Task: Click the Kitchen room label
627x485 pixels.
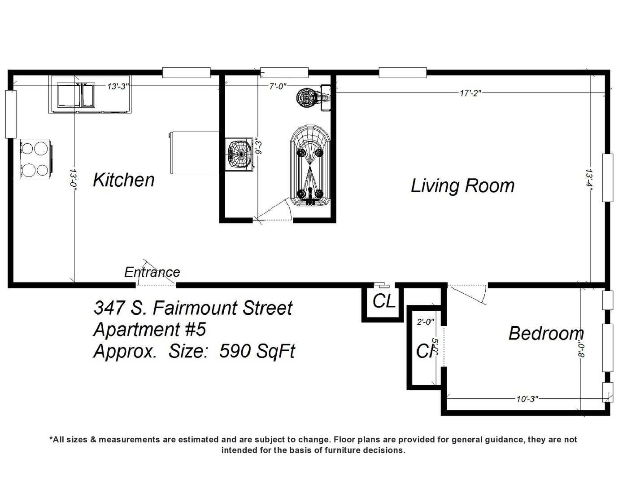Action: (123, 180)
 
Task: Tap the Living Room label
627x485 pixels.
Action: (462, 185)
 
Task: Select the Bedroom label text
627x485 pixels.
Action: (546, 333)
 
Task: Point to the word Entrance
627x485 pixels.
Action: (152, 272)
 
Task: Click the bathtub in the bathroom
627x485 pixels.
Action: (309, 166)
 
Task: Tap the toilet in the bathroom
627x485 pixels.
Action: (314, 97)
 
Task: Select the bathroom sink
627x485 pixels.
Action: (239, 154)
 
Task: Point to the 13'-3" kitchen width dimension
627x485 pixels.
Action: (118, 86)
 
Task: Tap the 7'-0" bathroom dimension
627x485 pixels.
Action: (278, 86)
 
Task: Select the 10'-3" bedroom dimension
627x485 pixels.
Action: (527, 399)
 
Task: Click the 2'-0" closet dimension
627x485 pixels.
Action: (426, 322)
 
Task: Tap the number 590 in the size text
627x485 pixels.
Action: (231, 352)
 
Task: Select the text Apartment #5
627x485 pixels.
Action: (149, 330)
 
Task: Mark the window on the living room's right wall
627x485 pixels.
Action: (607, 178)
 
